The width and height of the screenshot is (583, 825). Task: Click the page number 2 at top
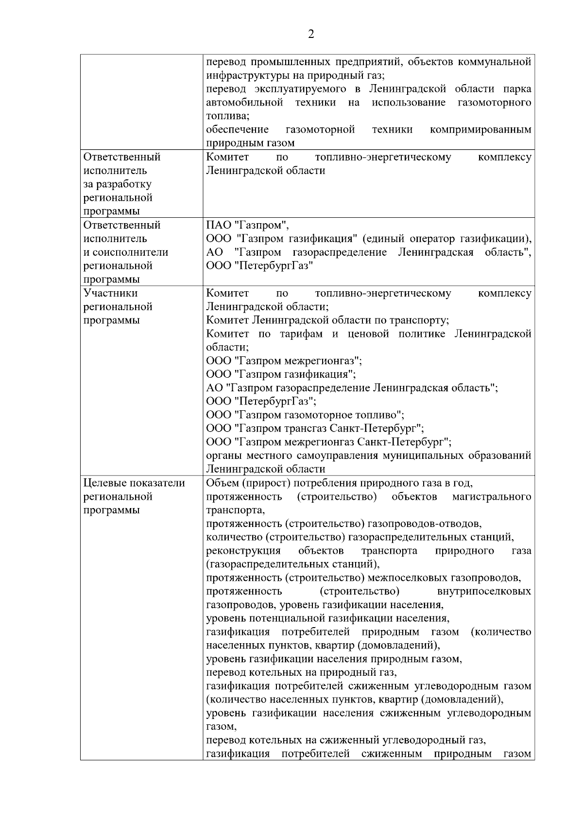coord(311,34)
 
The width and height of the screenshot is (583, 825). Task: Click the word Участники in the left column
coord(110,293)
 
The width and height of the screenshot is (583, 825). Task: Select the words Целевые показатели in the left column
coord(135,483)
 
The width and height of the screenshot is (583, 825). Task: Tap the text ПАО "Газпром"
coord(247,225)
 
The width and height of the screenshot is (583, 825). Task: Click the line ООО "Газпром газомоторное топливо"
coord(305,415)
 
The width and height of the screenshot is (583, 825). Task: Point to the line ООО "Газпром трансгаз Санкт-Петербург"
coord(315,428)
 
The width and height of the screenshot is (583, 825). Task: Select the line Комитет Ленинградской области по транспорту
coord(327,320)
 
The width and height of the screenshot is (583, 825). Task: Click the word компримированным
coord(480,130)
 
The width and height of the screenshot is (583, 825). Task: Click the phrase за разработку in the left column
coord(118,184)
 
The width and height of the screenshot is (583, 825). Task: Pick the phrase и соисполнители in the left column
coord(126,252)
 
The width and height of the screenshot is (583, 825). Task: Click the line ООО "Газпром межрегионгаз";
coord(284,361)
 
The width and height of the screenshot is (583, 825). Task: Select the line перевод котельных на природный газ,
coord(301,673)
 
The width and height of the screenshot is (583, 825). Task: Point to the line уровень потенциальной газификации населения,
coord(327,618)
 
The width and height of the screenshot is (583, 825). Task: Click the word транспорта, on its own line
coord(236,510)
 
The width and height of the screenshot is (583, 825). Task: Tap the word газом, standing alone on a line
coord(222,727)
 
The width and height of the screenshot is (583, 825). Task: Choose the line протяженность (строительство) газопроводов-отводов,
coord(343,524)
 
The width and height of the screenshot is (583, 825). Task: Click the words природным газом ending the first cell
coord(250,143)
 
